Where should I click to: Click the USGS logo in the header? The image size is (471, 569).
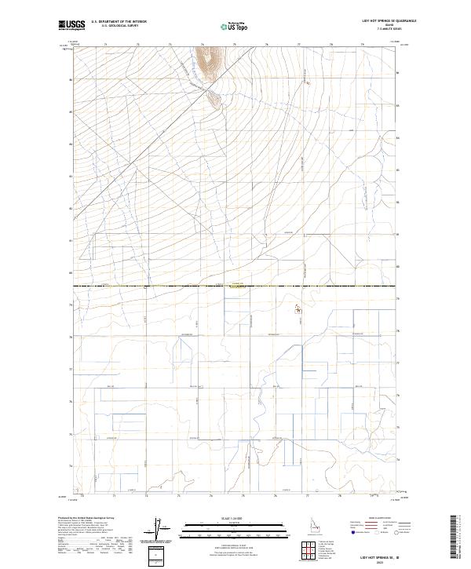pyautogui.click(x=72, y=25)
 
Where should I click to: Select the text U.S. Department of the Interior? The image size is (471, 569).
pyautogui.click(x=119, y=21)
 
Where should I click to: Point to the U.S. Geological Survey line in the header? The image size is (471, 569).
pyautogui.click(x=119, y=26)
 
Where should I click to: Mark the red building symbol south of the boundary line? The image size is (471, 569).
pyautogui.click(x=298, y=309)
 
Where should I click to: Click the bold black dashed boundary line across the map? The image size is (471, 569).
pyautogui.click(x=157, y=286)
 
